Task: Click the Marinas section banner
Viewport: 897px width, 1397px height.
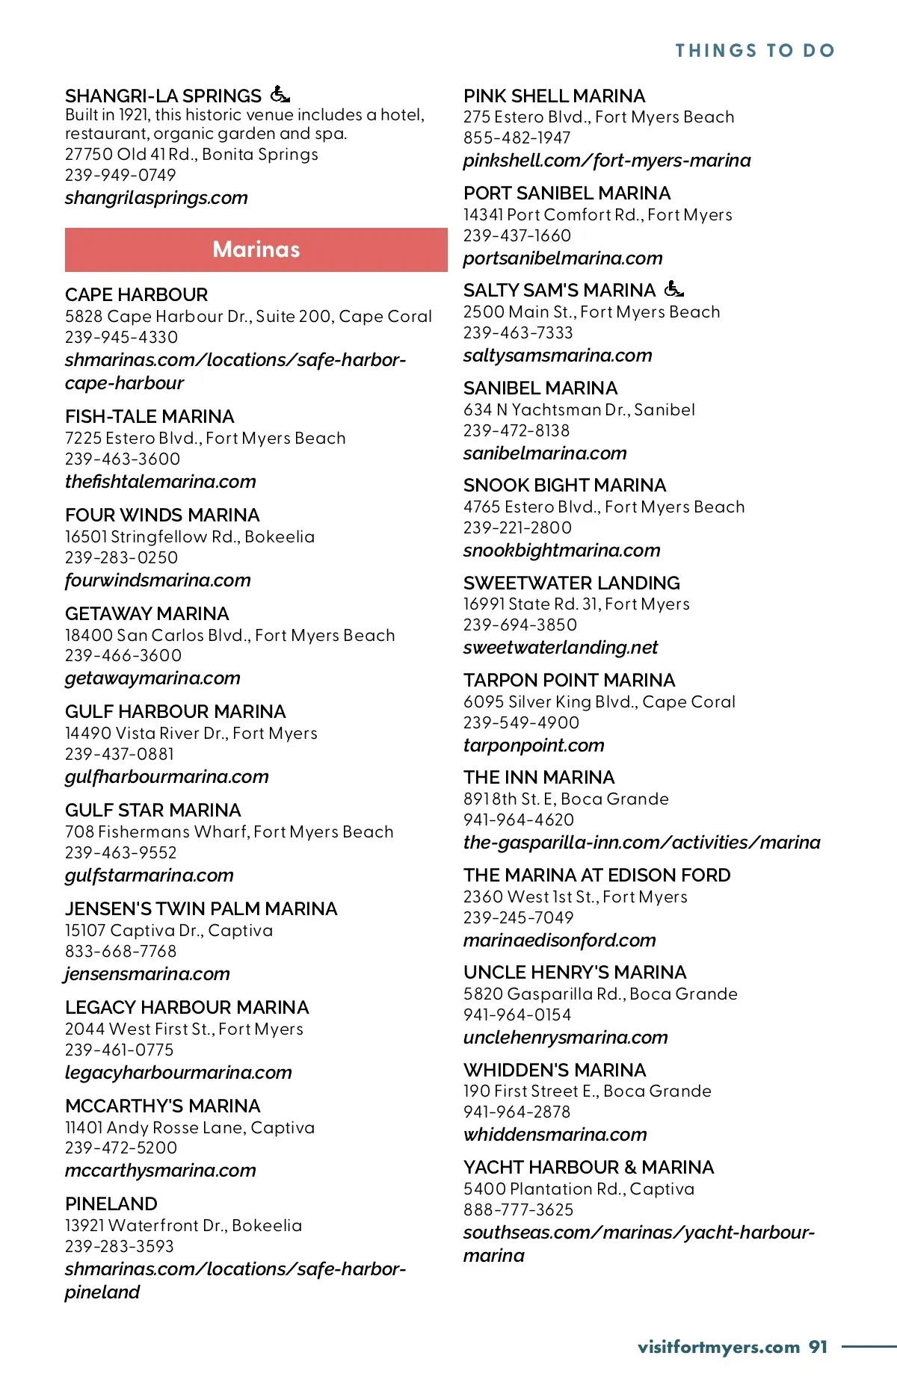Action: tap(256, 250)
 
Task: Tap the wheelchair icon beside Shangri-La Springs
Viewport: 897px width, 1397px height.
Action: tap(280, 95)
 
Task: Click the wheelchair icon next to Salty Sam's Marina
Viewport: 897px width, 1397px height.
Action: tap(673, 288)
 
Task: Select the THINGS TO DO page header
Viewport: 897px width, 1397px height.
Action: tap(755, 51)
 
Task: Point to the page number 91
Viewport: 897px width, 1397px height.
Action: tap(819, 1347)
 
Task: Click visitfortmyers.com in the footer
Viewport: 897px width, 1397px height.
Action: tap(718, 1347)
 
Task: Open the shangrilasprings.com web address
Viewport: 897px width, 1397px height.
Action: tap(156, 198)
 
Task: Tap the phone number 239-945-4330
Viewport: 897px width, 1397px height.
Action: tap(122, 337)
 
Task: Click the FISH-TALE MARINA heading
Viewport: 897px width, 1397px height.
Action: tap(149, 416)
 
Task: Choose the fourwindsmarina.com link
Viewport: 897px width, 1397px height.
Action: tap(158, 580)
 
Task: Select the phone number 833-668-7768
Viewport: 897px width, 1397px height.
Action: tap(121, 951)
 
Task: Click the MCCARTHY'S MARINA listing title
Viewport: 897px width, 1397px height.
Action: tap(163, 1106)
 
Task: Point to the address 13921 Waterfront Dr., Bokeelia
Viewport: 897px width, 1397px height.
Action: tap(184, 1225)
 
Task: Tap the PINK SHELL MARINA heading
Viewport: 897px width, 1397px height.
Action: tap(554, 96)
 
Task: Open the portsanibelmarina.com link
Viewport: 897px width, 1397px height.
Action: tap(563, 258)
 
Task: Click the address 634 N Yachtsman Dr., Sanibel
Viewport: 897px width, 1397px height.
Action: tap(579, 409)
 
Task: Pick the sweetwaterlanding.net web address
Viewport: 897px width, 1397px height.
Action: tap(561, 648)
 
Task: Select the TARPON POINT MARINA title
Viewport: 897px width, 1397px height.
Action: tap(569, 680)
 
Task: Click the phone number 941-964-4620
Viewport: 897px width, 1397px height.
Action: tap(519, 820)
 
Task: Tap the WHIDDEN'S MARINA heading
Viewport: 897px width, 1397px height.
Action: tap(555, 1070)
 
